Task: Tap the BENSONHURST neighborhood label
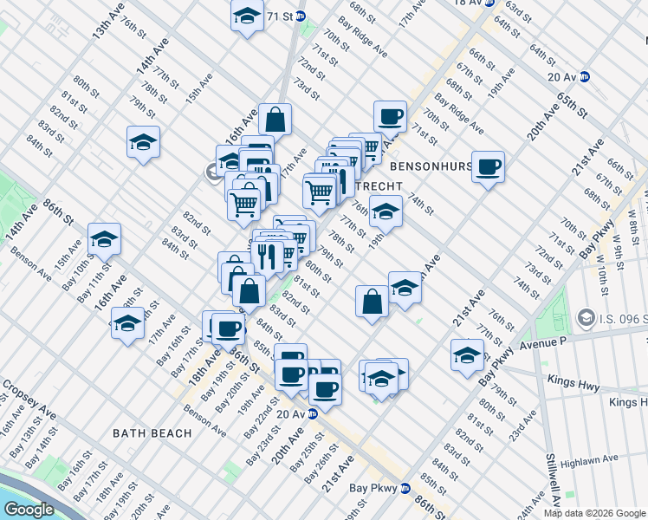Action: tap(431, 166)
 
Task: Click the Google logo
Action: tap(29, 509)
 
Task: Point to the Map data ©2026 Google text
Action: tap(594, 513)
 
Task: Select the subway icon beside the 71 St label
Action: tap(301, 16)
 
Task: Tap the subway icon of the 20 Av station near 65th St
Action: tap(585, 76)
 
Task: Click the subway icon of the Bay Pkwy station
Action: tap(405, 488)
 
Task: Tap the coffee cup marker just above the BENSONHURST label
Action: tap(390, 116)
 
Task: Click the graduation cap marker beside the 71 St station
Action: tap(247, 16)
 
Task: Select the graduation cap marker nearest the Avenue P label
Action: tap(467, 355)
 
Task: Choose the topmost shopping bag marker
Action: tap(275, 119)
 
